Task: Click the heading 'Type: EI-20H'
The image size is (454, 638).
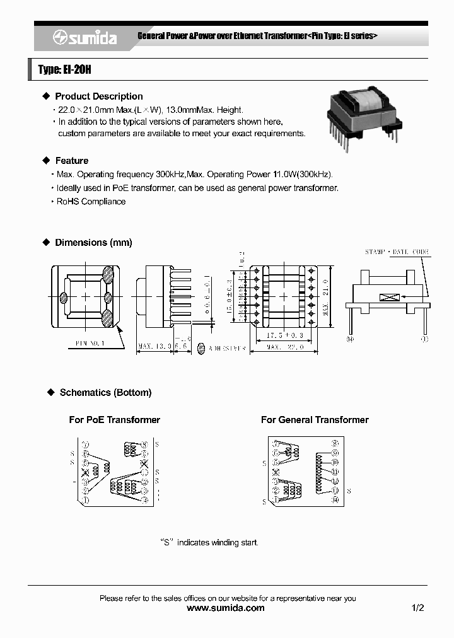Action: (x=65, y=70)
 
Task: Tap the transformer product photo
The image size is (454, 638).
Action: (x=363, y=116)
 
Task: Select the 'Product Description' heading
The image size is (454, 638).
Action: (x=99, y=96)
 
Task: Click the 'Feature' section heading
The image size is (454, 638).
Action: (x=72, y=161)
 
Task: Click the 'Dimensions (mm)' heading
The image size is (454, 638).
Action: (x=93, y=243)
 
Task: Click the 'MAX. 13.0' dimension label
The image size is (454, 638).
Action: (x=153, y=346)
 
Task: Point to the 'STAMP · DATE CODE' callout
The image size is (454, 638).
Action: (x=397, y=252)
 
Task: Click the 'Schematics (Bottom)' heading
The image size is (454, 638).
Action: (x=105, y=393)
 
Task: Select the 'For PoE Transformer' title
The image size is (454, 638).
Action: (x=114, y=420)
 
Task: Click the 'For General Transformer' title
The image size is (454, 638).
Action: (x=315, y=420)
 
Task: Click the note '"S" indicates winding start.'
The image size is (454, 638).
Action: (x=209, y=542)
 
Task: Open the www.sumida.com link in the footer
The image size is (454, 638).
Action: (x=226, y=608)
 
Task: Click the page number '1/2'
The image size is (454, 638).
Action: (x=417, y=608)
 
